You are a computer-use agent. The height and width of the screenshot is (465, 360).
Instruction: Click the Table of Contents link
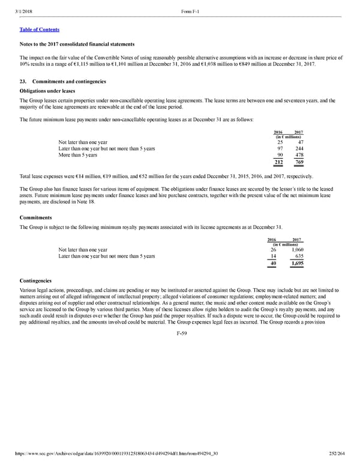[x=39, y=29]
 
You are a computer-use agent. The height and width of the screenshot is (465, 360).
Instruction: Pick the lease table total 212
[x=278, y=163]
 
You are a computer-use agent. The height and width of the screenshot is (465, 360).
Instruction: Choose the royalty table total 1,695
[x=293, y=264]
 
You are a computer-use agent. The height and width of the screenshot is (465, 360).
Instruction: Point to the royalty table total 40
[x=273, y=264]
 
